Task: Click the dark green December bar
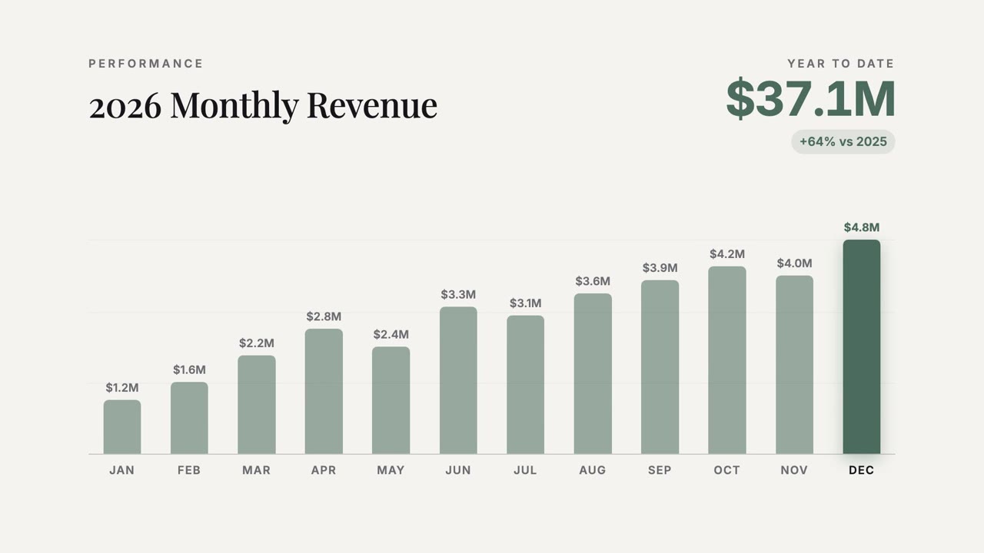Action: tap(862, 346)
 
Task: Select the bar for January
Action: tap(122, 426)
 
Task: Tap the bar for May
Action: tap(391, 400)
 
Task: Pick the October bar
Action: tap(727, 360)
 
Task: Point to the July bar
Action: tap(525, 385)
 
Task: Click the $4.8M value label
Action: tap(862, 227)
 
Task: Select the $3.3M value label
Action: tap(458, 294)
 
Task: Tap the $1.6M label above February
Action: tap(189, 369)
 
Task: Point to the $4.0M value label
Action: tap(794, 263)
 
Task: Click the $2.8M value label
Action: tap(324, 316)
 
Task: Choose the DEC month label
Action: tap(862, 470)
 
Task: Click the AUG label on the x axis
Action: tap(593, 470)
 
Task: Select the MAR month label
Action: tap(257, 470)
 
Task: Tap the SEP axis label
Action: tap(660, 470)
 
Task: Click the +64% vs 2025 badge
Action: tap(843, 142)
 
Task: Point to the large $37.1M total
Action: tap(810, 99)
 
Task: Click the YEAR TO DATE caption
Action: tap(841, 64)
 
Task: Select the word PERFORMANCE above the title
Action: tap(146, 64)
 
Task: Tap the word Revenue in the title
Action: tap(372, 105)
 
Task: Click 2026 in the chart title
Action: tap(125, 107)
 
